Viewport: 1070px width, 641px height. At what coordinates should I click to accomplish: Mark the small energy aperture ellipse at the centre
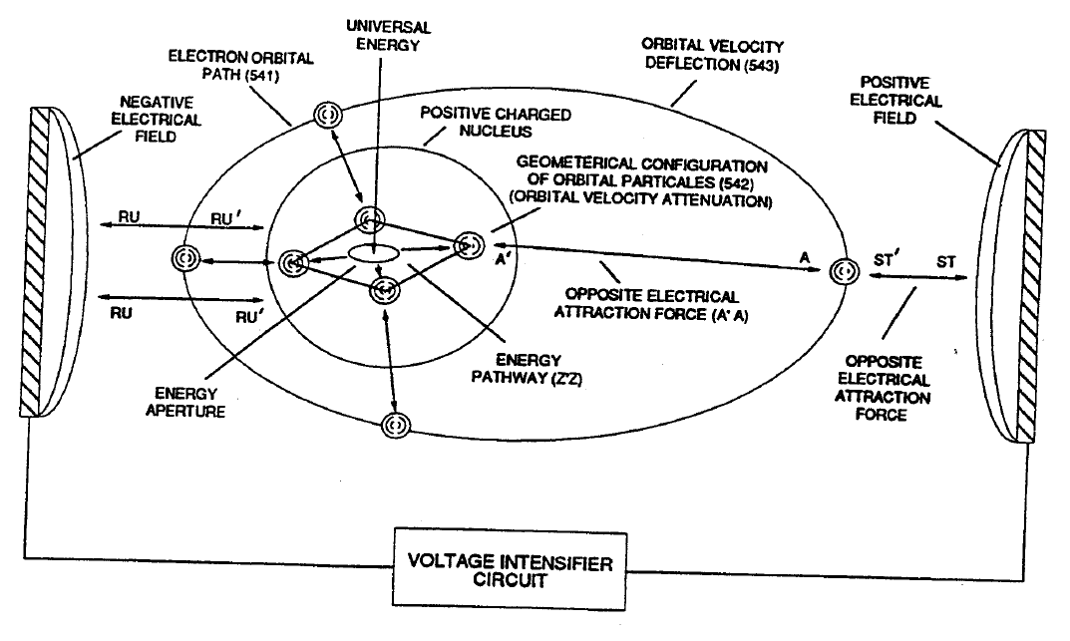(373, 255)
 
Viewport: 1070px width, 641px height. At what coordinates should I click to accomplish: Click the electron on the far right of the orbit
(844, 271)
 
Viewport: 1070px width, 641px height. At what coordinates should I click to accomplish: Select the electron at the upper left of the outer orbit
(325, 116)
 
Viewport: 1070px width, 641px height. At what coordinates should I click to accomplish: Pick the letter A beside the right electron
(804, 257)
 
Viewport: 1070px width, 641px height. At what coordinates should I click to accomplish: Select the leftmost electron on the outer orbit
(186, 256)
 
